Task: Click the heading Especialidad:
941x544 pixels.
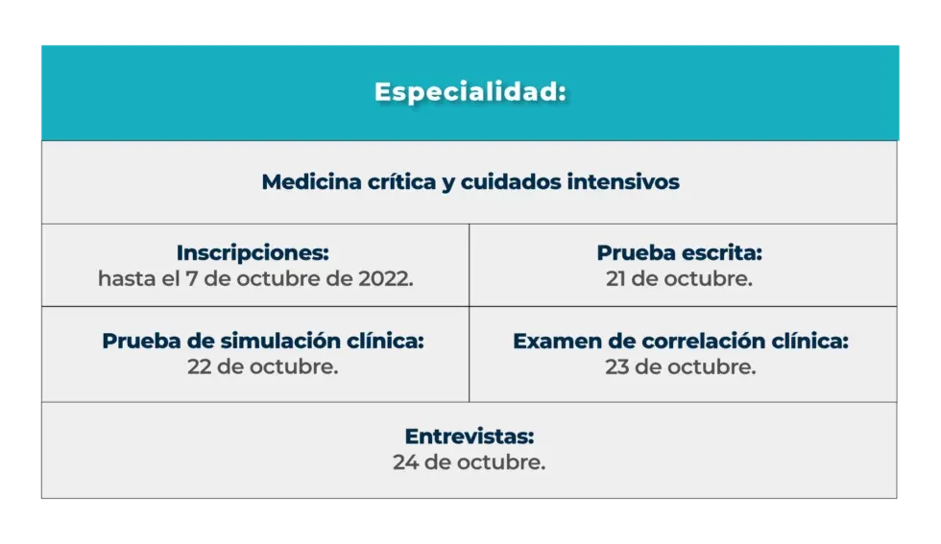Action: pos(470,93)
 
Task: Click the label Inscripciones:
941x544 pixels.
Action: pos(253,253)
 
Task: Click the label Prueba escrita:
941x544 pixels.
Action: pos(679,253)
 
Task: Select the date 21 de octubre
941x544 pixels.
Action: pos(679,279)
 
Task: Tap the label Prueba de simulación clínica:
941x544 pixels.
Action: pos(262,342)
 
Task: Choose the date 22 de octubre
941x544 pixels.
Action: pos(262,367)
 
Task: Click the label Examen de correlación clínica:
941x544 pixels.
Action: pos(680,342)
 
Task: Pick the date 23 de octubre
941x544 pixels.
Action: pos(680,367)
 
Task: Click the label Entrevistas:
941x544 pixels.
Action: pos(469,437)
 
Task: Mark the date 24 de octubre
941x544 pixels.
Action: pos(469,462)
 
